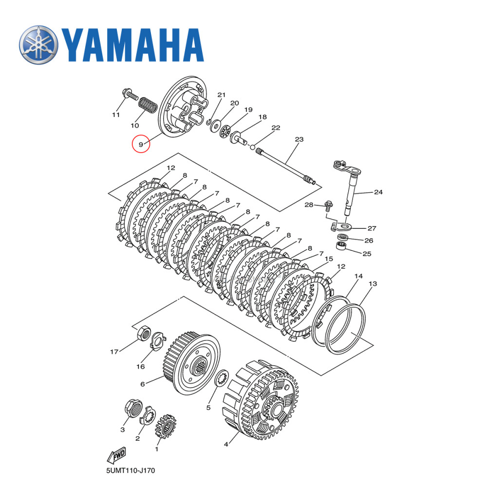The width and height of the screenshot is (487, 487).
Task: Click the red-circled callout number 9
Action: (x=141, y=144)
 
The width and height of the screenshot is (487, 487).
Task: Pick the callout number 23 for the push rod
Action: (x=299, y=139)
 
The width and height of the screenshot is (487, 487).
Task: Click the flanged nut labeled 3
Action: (x=133, y=407)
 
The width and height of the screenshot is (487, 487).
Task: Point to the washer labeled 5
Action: (x=222, y=376)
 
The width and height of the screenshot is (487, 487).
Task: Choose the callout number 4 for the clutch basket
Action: (x=226, y=444)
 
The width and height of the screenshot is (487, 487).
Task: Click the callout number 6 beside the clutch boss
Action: (x=143, y=384)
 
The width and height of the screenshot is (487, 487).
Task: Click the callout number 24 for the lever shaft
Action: (x=378, y=192)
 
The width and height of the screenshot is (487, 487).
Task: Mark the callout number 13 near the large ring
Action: (x=373, y=283)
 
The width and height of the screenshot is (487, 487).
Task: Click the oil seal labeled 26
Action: (x=343, y=237)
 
